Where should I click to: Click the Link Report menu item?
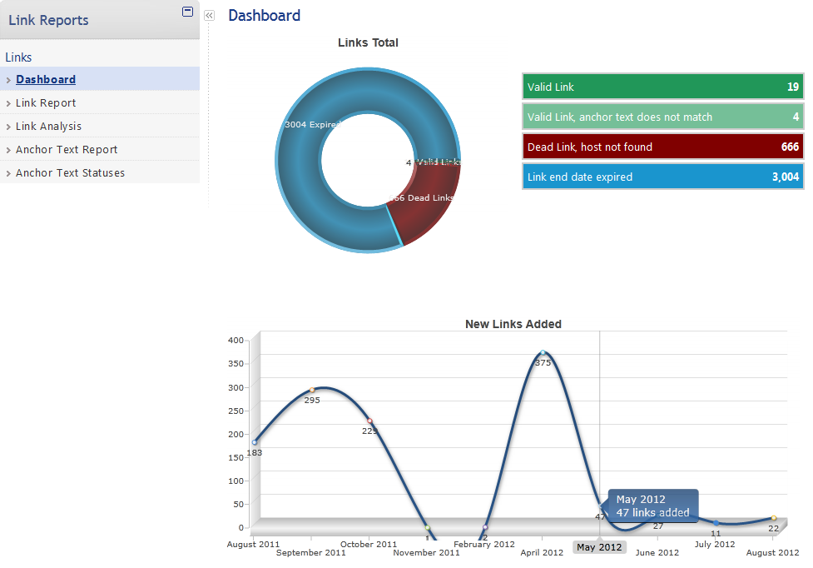point(46,103)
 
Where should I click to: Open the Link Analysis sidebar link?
point(48,127)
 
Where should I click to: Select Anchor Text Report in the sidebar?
point(67,150)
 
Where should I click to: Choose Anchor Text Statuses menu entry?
point(70,173)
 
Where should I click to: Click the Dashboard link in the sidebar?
point(46,80)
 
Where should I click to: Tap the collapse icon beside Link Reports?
point(187,12)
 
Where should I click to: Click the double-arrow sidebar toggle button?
point(209,15)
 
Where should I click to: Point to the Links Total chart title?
point(368,42)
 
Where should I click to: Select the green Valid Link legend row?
point(662,87)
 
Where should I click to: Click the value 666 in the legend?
point(790,147)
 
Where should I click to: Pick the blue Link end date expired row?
point(662,177)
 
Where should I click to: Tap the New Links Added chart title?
point(513,324)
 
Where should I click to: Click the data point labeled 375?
point(543,353)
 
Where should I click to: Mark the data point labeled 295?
point(312,390)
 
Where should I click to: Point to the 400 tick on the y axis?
point(235,340)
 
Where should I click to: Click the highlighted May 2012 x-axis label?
point(599,547)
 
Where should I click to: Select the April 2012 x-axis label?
point(542,552)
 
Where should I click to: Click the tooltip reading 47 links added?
point(652,506)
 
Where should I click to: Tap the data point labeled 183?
point(255,442)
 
